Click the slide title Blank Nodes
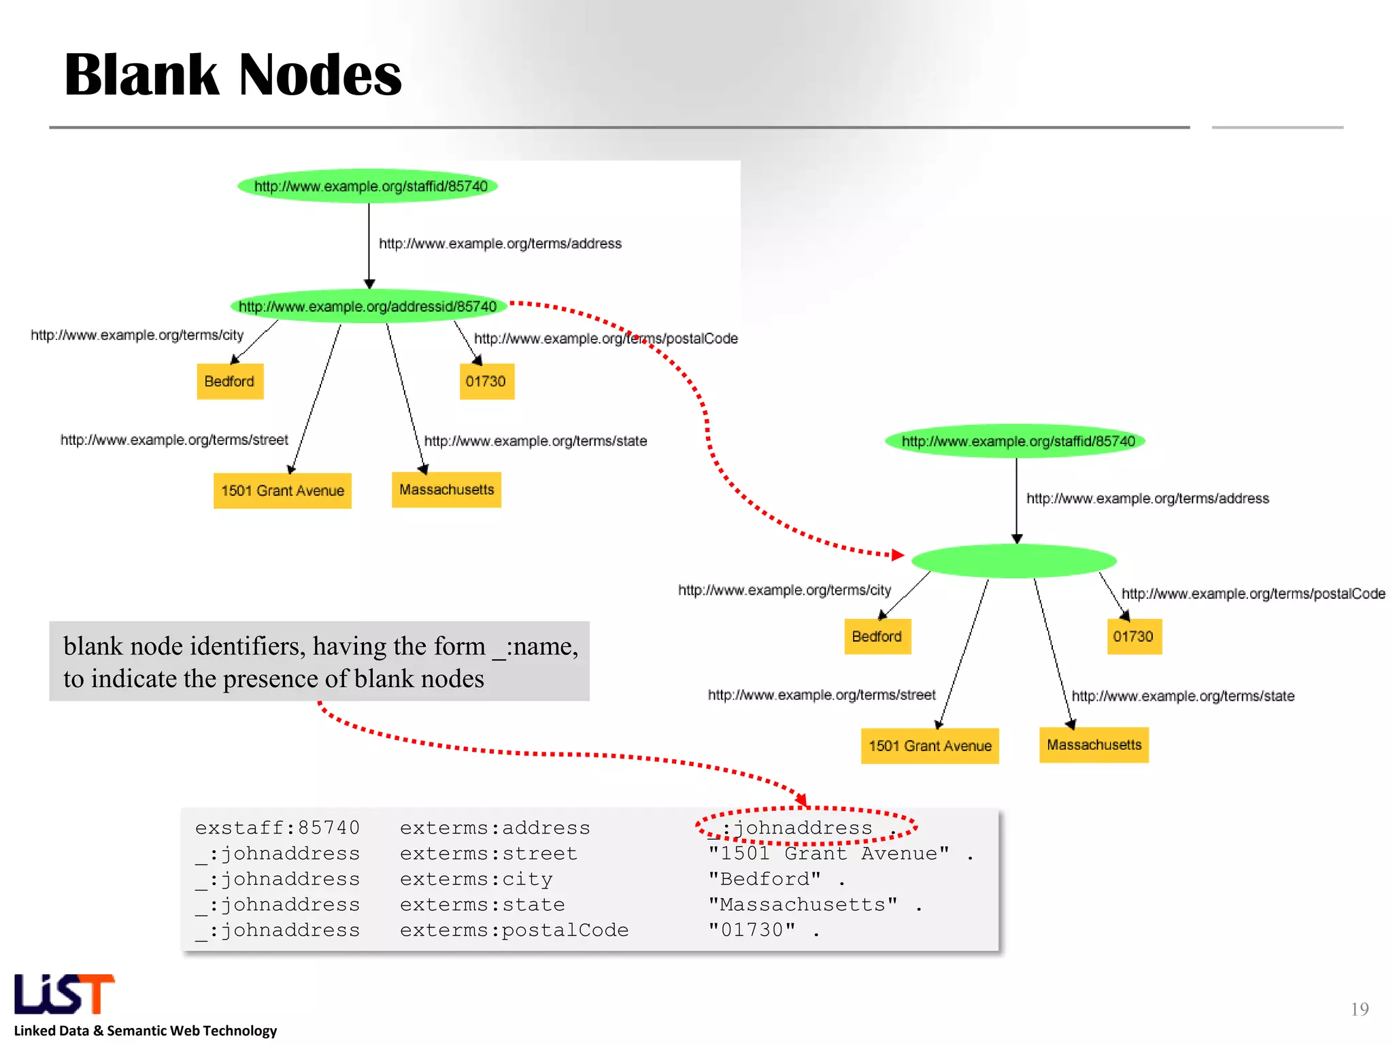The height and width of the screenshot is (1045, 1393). [233, 75]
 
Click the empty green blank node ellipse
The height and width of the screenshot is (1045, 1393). [1013, 561]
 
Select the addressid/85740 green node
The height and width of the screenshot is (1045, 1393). [368, 306]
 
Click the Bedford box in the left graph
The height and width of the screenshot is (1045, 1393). [230, 382]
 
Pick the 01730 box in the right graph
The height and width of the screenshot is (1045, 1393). [1134, 637]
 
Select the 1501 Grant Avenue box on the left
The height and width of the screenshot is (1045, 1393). [282, 491]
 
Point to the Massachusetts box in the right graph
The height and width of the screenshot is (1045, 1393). [1094, 745]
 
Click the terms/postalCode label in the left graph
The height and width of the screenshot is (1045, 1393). [605, 338]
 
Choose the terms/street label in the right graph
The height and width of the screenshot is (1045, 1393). [822, 695]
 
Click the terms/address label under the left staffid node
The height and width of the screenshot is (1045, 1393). [500, 244]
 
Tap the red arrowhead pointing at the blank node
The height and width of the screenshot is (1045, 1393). [898, 555]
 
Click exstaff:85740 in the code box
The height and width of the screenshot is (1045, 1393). [277, 828]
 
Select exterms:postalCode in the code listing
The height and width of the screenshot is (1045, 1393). [514, 930]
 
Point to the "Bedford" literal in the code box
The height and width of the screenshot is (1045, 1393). [764, 879]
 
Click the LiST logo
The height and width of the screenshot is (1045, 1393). [65, 995]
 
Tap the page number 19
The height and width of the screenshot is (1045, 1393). [1359, 1009]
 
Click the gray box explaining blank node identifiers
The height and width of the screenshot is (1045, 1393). [319, 661]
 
